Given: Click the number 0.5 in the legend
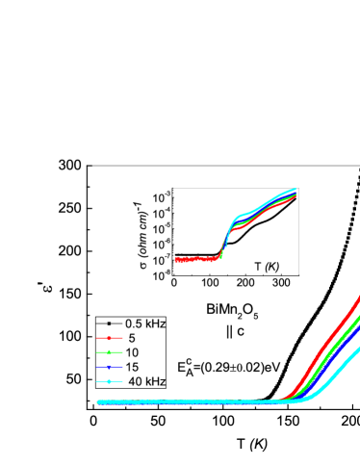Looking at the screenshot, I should click(135, 324).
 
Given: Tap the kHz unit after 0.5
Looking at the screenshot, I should click(157, 324).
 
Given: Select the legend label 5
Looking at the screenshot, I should click(131, 339).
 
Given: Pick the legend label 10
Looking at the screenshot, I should click(132, 353).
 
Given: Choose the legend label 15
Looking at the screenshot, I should click(132, 367).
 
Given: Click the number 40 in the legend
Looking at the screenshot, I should click(136, 382).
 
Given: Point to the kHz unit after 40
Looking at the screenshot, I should click(156, 382).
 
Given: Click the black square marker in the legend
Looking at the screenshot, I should click(110, 324).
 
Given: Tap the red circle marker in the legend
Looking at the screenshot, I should click(110, 339).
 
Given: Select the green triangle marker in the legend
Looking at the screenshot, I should click(110, 353).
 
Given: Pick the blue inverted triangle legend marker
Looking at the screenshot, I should click(110, 368).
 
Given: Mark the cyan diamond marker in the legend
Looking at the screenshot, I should click(110, 382).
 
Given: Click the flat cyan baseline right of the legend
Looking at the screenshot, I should click(221, 402).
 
